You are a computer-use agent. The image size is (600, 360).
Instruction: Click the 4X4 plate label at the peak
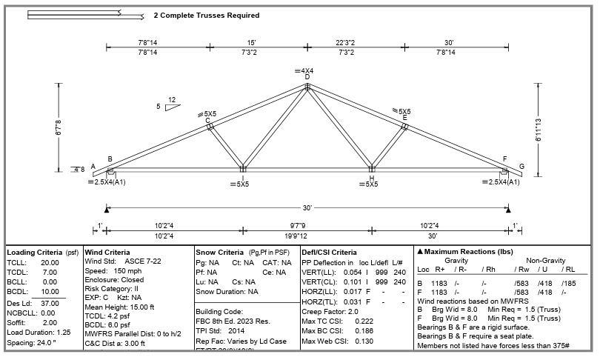click(307, 71)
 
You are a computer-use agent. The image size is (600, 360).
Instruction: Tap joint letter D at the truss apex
click(307, 78)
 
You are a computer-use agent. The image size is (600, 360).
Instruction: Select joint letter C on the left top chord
click(207, 120)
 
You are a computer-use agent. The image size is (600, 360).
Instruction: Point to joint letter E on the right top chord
click(405, 118)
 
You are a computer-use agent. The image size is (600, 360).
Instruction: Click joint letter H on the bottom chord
click(371, 178)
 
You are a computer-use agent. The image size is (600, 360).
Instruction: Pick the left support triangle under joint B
click(107, 210)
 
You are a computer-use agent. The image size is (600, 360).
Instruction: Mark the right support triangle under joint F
click(507, 210)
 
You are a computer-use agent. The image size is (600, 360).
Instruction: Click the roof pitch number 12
click(172, 100)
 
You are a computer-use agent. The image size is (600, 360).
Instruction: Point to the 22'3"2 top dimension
click(345, 43)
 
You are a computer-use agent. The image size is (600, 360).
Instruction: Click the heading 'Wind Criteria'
click(107, 253)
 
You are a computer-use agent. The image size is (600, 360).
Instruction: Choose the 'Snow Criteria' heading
click(220, 253)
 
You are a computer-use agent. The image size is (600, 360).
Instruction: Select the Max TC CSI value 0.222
click(364, 321)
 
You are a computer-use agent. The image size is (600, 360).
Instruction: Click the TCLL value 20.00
click(50, 262)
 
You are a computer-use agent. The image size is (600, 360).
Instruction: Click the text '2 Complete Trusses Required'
click(207, 15)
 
